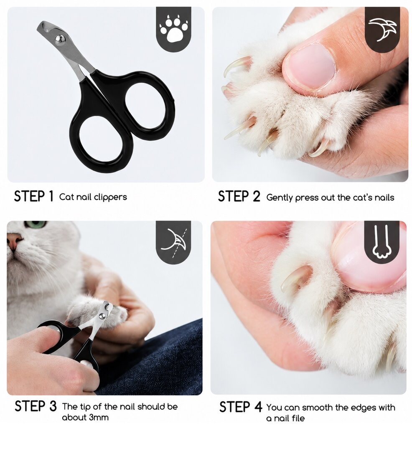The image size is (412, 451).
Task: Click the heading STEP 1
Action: tap(34, 196)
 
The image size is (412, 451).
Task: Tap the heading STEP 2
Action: tap(239, 196)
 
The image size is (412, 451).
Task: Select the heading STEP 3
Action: tap(36, 406)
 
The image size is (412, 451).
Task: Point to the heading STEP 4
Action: tap(241, 407)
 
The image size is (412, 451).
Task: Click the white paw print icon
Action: tap(173, 29)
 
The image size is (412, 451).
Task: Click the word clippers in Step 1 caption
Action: tap(110, 197)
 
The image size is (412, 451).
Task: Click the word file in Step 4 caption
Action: tap(297, 418)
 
